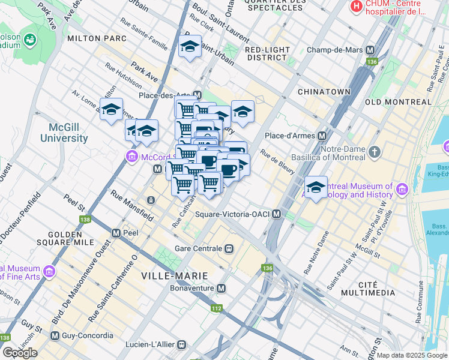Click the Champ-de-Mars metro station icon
370,50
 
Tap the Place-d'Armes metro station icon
322,135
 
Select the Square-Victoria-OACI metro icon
276,214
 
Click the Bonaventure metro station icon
221,289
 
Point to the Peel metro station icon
116,232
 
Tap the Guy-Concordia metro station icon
56,335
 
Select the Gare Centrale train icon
228,248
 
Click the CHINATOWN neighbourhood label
324,91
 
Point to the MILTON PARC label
97,38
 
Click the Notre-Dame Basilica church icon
375,151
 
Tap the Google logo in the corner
19,353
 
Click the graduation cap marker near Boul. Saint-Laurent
190,47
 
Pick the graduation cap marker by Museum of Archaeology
316,186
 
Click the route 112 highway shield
217,309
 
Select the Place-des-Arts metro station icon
197,95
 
